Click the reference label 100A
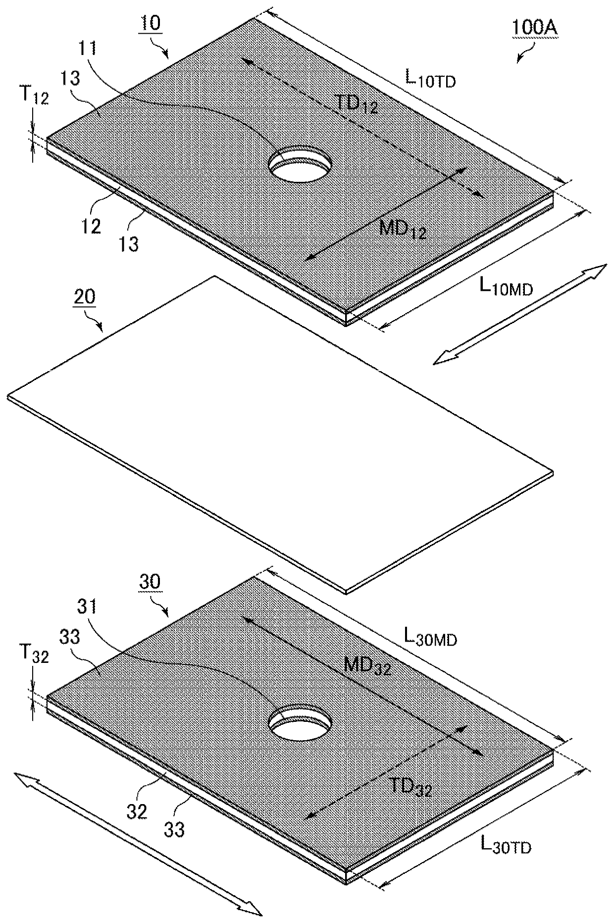pos(534,28)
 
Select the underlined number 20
pos(85,298)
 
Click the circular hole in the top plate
pos(300,164)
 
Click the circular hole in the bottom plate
pos(300,722)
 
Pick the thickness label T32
pos(35,654)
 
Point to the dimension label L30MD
pos(430,637)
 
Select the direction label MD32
pos(368,666)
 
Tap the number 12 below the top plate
pos(91,226)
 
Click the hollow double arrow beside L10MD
pos(520,315)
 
